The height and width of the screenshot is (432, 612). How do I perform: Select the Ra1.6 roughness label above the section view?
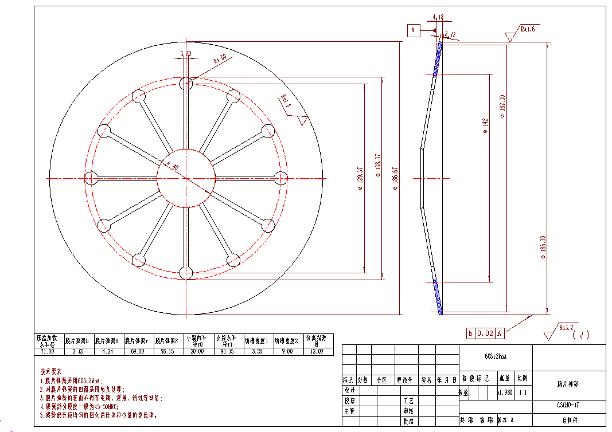click(527, 28)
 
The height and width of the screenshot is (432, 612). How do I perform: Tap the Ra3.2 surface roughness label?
click(565, 327)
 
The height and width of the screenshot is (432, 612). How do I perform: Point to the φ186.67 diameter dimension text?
click(394, 178)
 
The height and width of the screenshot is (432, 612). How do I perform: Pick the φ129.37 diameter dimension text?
click(359, 178)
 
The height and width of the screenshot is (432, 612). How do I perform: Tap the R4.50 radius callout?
click(220, 59)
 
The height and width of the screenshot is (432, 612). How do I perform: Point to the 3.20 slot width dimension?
click(186, 54)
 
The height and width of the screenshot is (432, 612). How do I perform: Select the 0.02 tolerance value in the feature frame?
click(485, 333)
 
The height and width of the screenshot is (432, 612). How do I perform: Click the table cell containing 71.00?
click(48, 351)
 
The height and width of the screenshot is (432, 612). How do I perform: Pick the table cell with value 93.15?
click(167, 351)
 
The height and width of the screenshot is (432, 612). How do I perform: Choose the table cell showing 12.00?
click(317, 351)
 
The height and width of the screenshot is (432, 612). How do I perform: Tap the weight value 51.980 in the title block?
click(504, 393)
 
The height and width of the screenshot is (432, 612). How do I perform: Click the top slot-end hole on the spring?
click(186, 83)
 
